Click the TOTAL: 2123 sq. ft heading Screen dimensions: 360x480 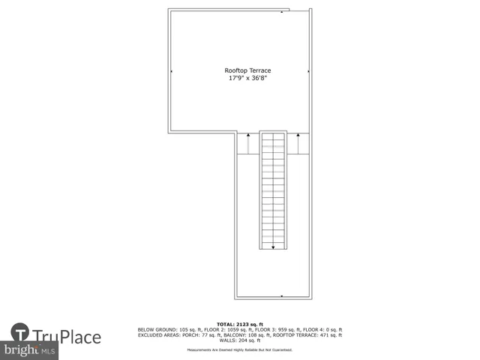tap(239, 324)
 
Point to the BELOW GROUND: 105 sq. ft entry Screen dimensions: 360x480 tap(165, 330)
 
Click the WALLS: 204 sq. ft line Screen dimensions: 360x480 tap(239, 340)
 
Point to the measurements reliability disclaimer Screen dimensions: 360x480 tap(239, 350)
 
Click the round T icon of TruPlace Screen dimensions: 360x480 tap(20, 332)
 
